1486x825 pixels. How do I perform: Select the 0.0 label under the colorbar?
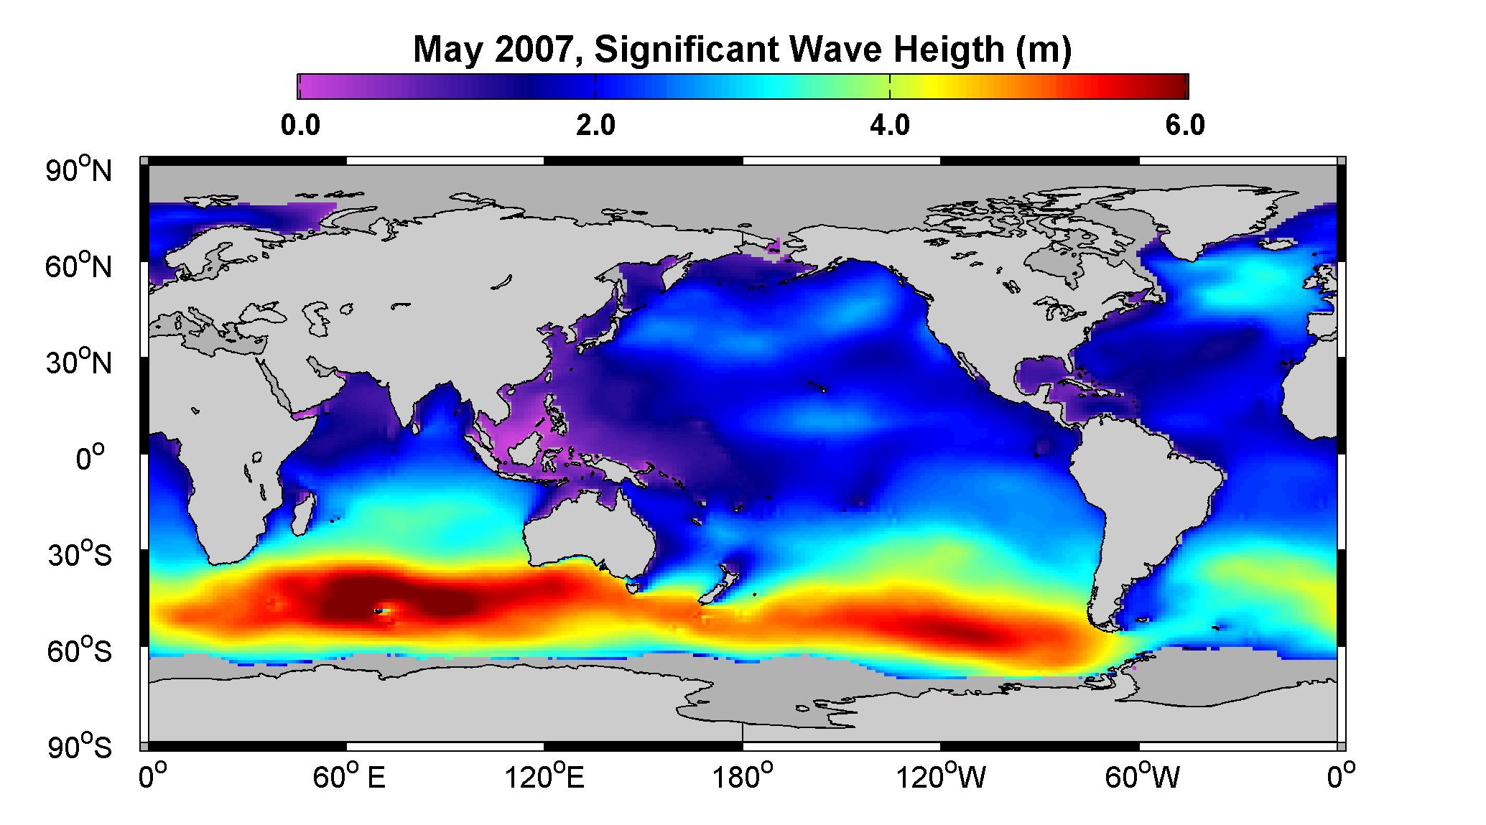point(300,126)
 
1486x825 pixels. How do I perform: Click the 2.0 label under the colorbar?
point(595,126)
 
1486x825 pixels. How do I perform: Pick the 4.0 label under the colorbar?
point(890,126)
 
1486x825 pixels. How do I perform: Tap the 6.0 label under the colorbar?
point(1185,126)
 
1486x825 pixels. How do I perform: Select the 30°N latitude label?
point(79,362)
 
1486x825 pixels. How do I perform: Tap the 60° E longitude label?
point(348,777)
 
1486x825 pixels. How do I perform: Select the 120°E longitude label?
point(544,777)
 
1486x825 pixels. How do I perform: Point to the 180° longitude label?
point(741,777)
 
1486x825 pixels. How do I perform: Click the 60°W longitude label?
point(1141,777)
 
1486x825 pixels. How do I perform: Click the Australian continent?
point(589,535)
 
